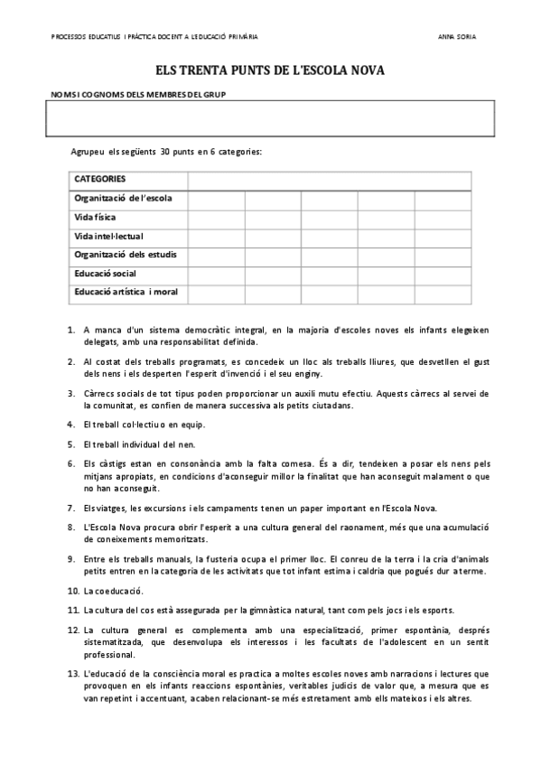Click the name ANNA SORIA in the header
coord(456,37)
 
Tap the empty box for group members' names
coord(270,117)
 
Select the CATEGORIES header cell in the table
coord(100,179)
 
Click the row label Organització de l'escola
coord(123,198)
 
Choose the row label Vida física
coord(95,217)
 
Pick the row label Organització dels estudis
coord(125,254)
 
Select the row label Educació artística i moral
coord(126,292)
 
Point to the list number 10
coord(73,590)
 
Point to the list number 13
coord(73,673)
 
